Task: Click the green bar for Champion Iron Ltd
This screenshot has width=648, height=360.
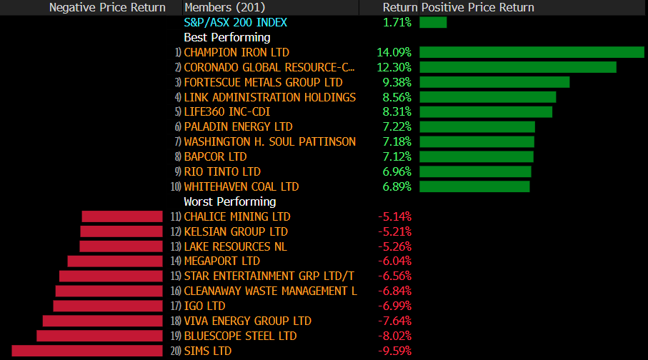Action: point(532,52)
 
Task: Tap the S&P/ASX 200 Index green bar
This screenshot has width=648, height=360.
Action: point(433,22)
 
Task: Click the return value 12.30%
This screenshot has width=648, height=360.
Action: point(394,67)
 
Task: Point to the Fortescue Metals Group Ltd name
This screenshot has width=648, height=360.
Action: point(263,82)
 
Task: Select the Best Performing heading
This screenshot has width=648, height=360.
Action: point(227,37)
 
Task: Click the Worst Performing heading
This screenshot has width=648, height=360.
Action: point(230,201)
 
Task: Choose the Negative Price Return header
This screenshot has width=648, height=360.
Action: point(107,7)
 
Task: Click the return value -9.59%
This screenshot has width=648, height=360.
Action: point(394,351)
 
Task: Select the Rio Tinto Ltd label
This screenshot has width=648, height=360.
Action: point(222,171)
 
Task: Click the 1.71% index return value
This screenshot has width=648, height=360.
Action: point(397,22)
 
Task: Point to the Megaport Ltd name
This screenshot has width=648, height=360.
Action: point(222,261)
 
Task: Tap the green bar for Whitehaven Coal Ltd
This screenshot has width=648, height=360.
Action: point(474,186)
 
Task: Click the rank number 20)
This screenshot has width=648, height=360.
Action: point(176,351)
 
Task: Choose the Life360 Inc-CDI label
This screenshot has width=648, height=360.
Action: point(226,111)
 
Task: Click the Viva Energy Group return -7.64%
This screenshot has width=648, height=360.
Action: point(394,321)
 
